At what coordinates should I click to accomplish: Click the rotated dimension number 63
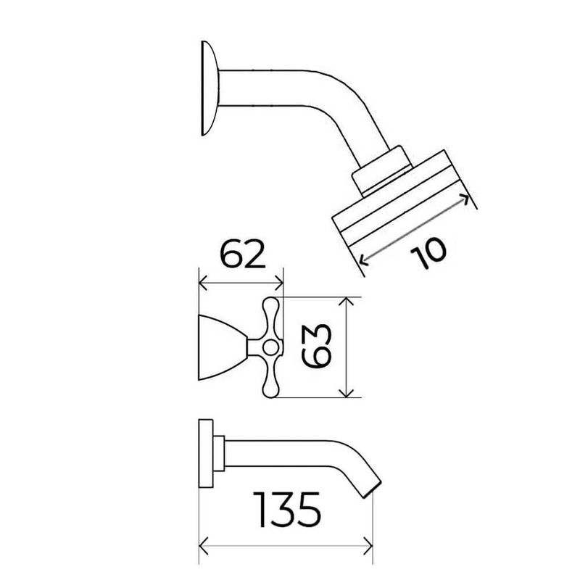click(x=315, y=347)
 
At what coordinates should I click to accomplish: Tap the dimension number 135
click(x=287, y=509)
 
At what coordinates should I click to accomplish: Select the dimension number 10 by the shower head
click(x=428, y=253)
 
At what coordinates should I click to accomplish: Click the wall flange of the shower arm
click(x=210, y=88)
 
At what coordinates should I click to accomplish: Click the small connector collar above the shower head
click(x=382, y=170)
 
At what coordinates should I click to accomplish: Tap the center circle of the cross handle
click(x=270, y=348)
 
